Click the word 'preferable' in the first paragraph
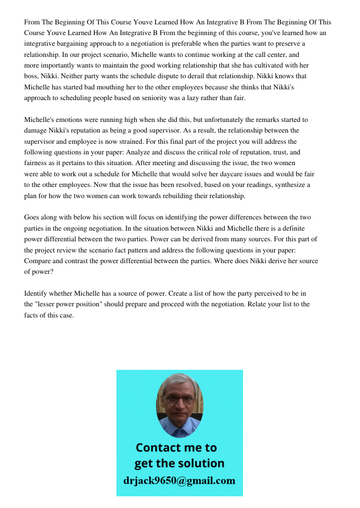pos(187,44)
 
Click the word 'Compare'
pos(38,261)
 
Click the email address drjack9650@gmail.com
pos(179,481)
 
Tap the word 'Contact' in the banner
pos(159,448)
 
